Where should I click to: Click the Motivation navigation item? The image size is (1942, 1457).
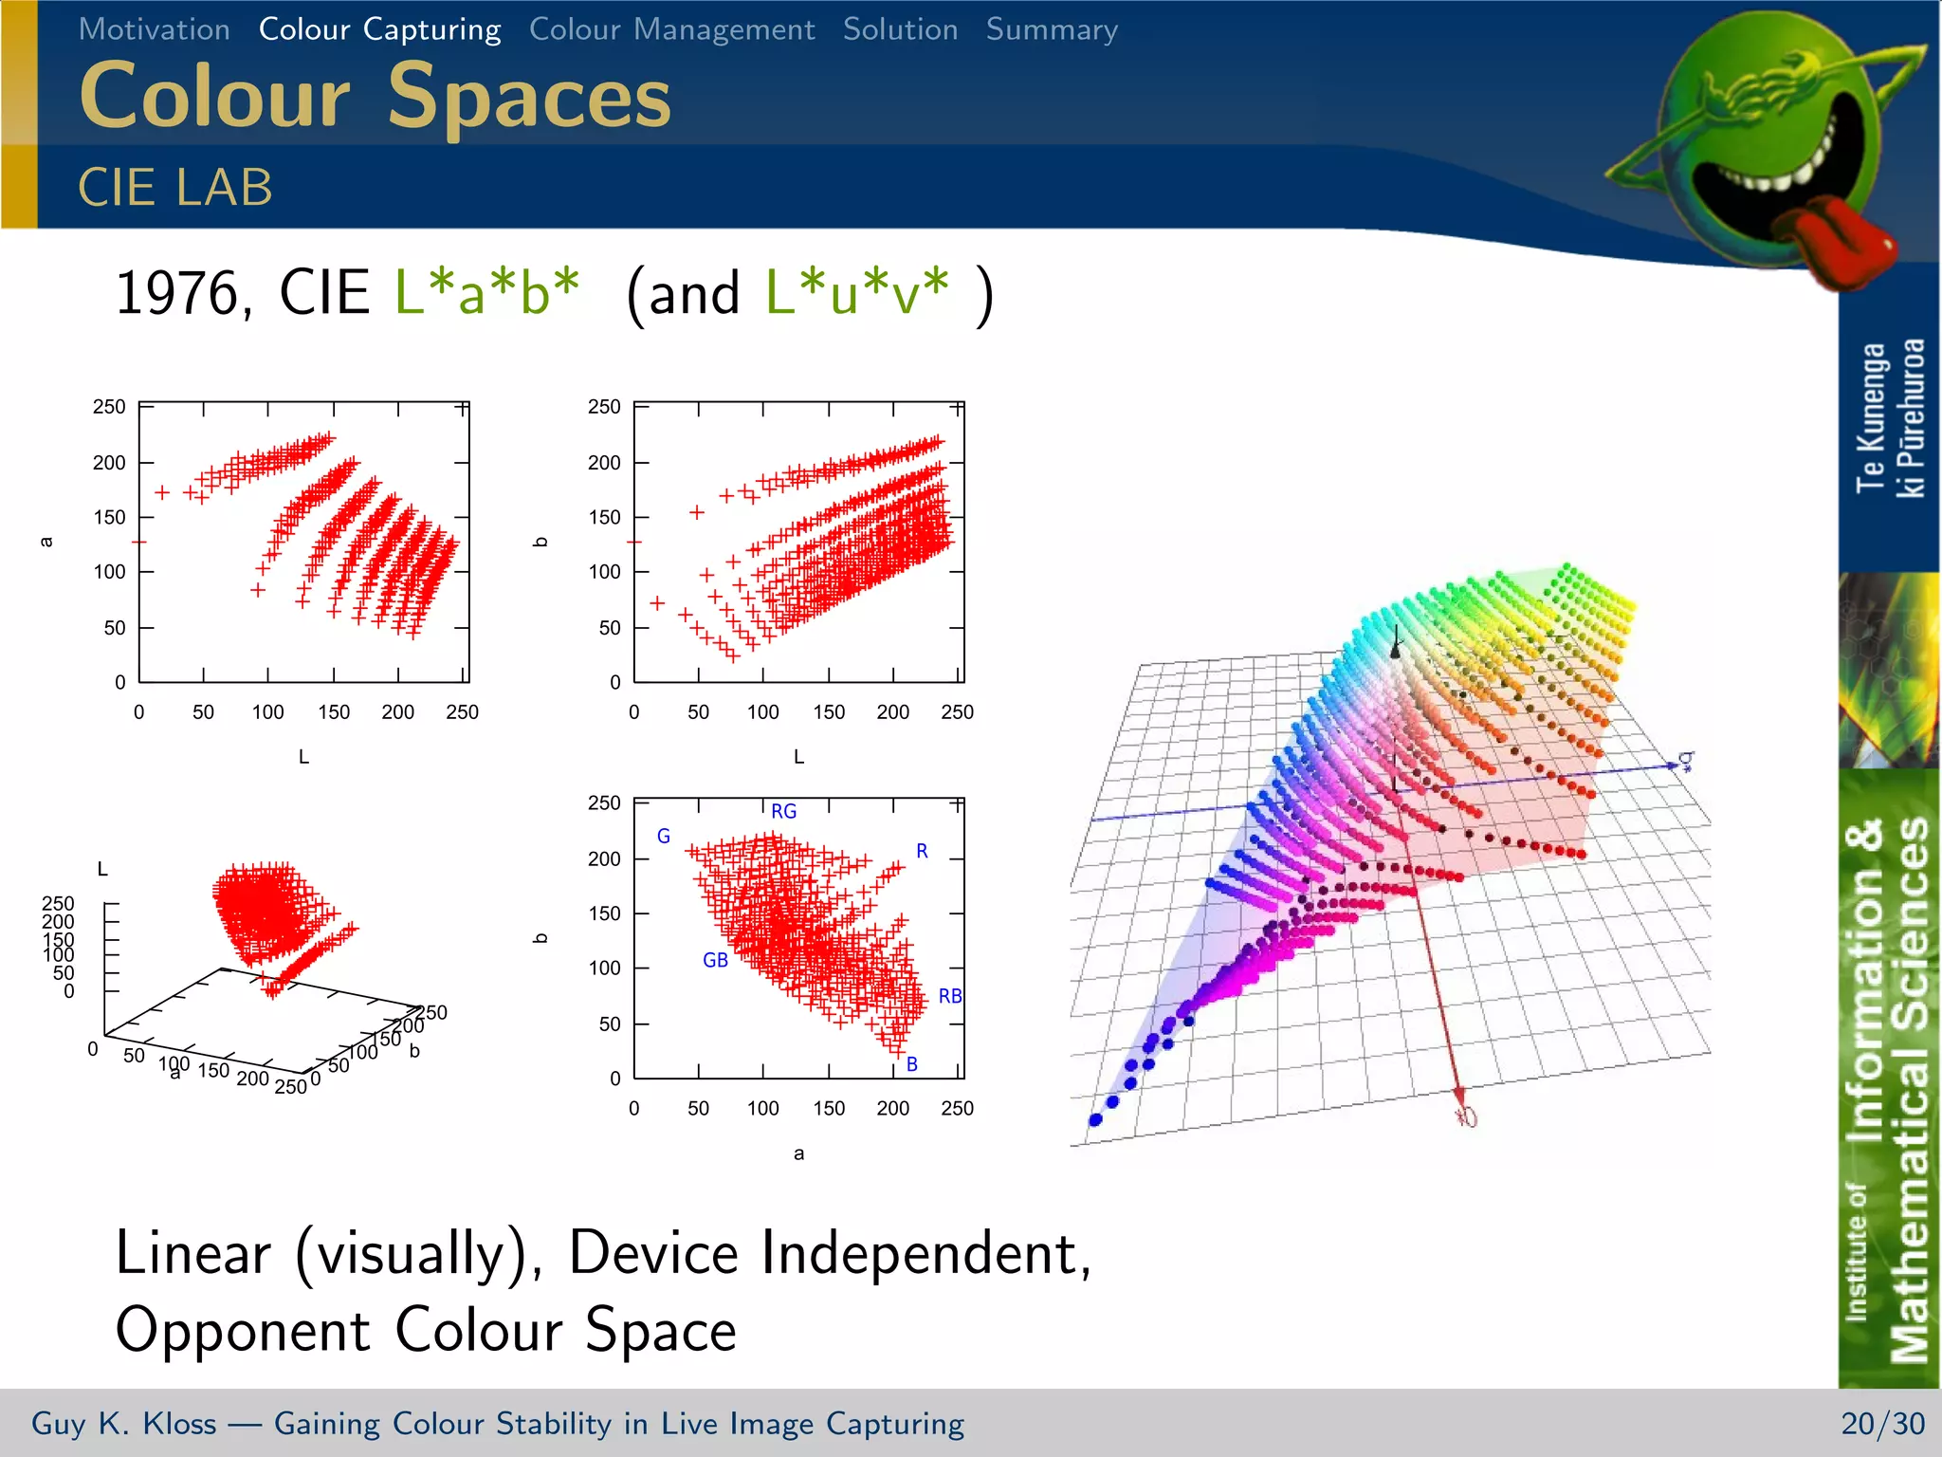coord(154,29)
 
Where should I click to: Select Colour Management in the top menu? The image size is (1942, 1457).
coord(671,29)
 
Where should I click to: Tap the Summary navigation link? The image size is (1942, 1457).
coord(1052,29)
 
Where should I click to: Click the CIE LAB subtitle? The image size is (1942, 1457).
coord(175,187)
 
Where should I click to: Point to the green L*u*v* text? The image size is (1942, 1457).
coord(856,292)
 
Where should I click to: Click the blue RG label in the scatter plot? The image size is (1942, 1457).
coord(783,811)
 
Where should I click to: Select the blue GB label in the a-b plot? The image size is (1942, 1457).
coord(715,960)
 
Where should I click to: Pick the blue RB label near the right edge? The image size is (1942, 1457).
coord(949,996)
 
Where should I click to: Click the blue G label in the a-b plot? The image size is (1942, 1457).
coord(664,836)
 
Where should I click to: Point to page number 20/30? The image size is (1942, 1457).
coord(1882,1424)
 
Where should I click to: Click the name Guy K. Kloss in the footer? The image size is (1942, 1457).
coord(123,1424)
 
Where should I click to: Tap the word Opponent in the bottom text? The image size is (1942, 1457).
coord(242,1330)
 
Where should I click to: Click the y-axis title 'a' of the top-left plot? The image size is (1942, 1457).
coord(46,542)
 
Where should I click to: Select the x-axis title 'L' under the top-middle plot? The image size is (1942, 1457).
coord(798,757)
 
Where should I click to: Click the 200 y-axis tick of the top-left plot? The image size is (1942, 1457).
coord(108,463)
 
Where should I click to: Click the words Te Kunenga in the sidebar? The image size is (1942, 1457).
coord(1870,417)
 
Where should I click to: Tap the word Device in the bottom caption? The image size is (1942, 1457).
coord(653,1253)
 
